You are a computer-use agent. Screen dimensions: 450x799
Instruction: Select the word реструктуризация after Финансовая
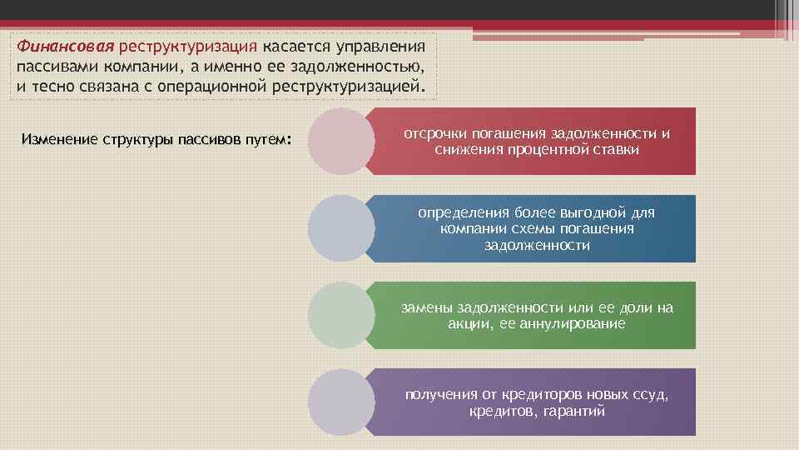coord(188,44)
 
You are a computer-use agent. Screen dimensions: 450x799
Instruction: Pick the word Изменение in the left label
coord(59,138)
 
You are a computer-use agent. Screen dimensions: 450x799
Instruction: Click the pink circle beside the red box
coord(341,141)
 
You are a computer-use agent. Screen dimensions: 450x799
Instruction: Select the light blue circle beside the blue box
coord(341,228)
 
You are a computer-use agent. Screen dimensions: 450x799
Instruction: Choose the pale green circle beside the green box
coord(341,315)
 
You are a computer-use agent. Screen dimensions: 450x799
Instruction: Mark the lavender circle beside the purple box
coord(341,402)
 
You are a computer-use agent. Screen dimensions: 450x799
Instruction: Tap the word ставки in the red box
coord(617,150)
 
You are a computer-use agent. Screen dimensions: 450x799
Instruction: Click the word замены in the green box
coord(428,307)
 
